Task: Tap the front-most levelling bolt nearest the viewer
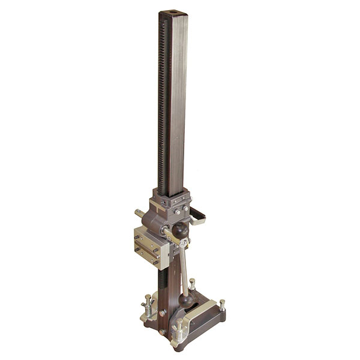[178, 327]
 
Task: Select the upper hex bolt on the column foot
[163, 312]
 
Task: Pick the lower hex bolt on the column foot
[161, 331]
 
